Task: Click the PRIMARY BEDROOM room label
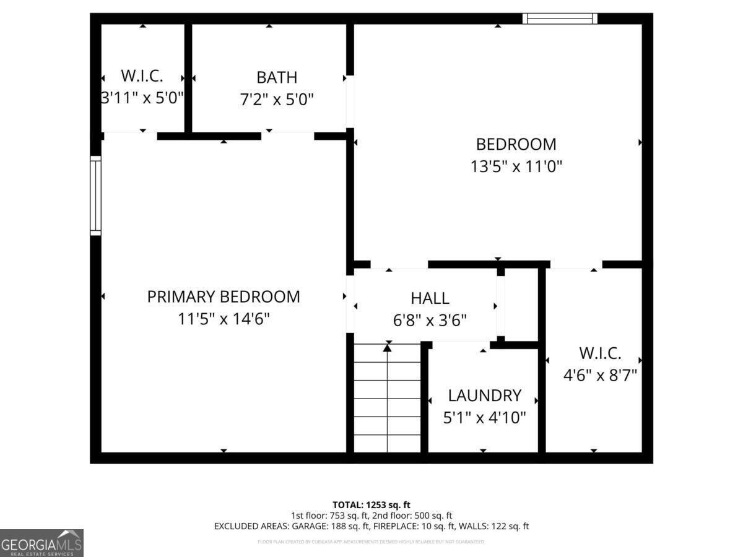224,297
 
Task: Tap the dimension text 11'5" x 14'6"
224,319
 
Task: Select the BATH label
277,77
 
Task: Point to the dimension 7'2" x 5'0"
277,99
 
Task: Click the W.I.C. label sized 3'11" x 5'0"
142,76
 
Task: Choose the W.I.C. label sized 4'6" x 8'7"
600,353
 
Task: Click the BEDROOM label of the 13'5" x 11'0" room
516,144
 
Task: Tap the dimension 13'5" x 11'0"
516,166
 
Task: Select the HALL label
430,298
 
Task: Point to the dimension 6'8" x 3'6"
430,320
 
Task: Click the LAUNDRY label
484,395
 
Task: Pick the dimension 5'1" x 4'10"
484,418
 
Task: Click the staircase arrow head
388,348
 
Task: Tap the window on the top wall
560,19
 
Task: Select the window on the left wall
95,196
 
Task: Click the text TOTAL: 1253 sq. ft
371,504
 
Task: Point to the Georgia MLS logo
41,543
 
